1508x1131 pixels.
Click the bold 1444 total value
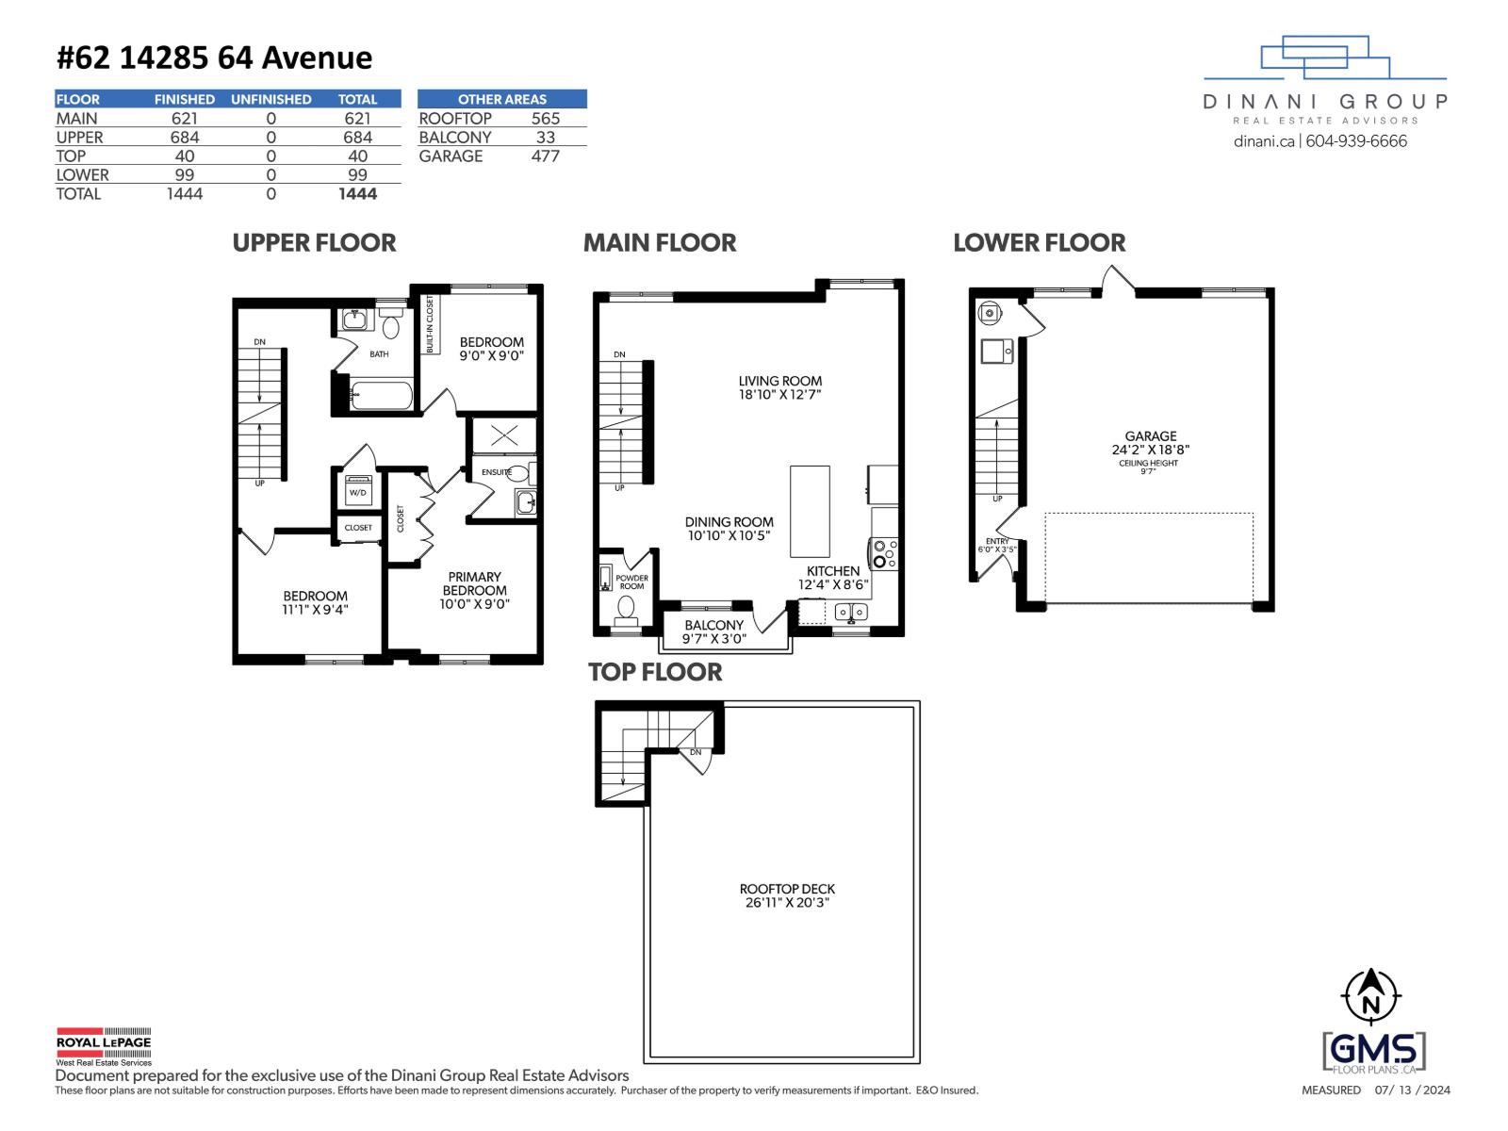(357, 193)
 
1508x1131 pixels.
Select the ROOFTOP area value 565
(545, 118)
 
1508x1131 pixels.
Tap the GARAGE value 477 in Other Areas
(545, 156)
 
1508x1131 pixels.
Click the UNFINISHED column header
(270, 99)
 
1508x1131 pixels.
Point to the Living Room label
(779, 382)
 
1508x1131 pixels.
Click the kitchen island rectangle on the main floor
(810, 511)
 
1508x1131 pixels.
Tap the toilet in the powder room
(625, 609)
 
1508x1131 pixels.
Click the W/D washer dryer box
(357, 491)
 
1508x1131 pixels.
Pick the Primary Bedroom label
(474, 583)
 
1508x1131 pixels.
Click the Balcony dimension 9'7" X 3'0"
(713, 638)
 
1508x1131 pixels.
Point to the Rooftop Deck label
(787, 889)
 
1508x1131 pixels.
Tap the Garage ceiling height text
(1148, 467)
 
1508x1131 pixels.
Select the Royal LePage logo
(103, 1044)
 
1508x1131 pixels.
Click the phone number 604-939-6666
(1356, 141)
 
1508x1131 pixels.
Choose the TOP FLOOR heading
(655, 672)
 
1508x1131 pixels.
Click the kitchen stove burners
(883, 553)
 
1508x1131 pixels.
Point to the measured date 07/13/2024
(1412, 1090)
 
